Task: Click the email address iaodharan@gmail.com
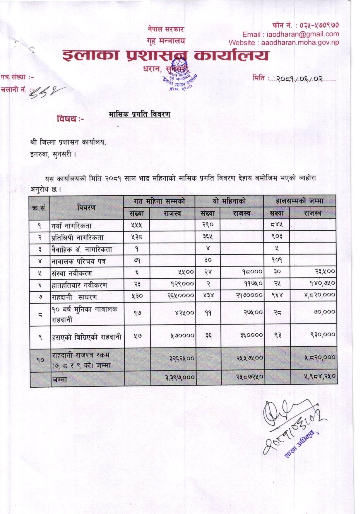(x=303, y=34)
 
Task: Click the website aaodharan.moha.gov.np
(x=300, y=43)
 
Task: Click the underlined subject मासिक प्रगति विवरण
(x=139, y=114)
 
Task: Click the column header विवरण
(x=87, y=208)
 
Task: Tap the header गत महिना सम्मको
(x=159, y=201)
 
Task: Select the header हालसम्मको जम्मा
(x=299, y=201)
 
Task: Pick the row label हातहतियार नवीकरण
(x=79, y=285)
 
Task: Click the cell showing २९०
(x=208, y=225)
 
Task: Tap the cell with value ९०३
(x=277, y=236)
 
